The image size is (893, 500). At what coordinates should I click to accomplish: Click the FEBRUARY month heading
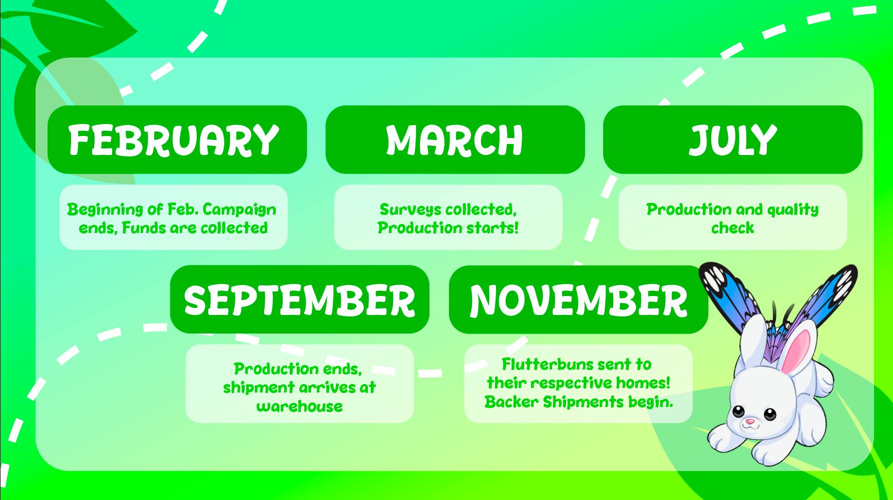point(174,139)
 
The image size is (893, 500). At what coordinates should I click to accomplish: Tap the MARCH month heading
point(455,139)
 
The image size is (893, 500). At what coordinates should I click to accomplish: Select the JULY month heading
point(733,139)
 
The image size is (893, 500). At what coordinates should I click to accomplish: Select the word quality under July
point(793,209)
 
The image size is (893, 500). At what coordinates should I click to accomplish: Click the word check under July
point(732,228)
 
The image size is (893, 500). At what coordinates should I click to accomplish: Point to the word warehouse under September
point(299,406)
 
